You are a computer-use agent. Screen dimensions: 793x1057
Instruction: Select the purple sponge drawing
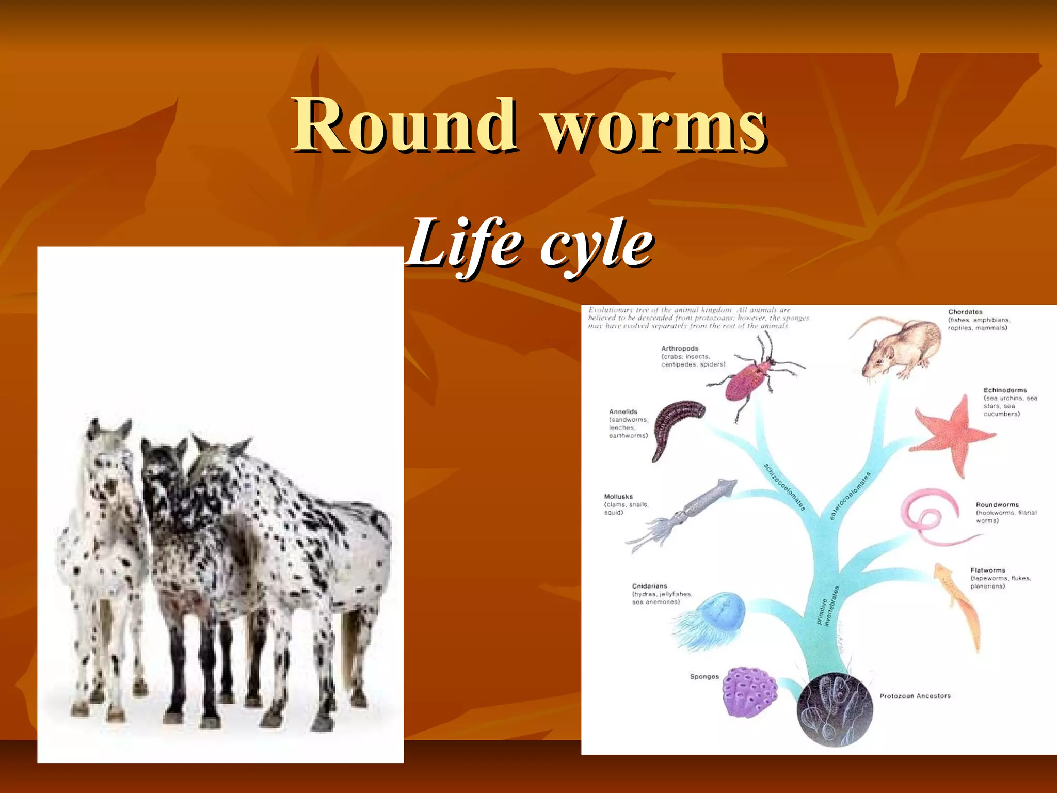[x=749, y=692]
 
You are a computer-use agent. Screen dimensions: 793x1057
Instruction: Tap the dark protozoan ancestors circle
[x=834, y=709]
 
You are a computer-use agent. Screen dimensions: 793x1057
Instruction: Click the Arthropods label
[x=680, y=348]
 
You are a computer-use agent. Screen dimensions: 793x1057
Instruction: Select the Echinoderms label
[x=1005, y=390]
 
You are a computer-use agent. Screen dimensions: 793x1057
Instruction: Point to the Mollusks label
[x=618, y=497]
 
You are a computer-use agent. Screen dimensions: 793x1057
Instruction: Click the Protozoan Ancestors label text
[x=915, y=696]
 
